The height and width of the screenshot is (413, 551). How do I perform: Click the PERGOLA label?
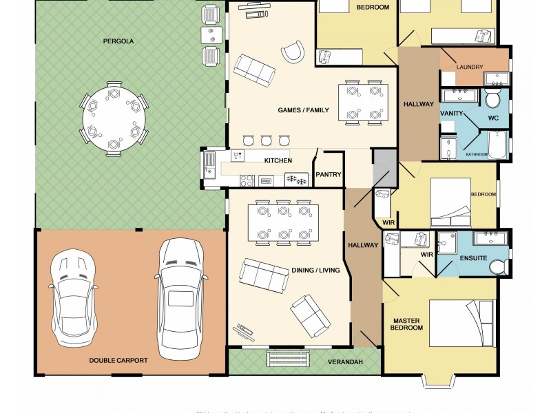click(x=119, y=41)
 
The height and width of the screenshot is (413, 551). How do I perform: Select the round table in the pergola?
click(x=114, y=119)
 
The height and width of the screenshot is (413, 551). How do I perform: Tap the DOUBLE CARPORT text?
click(x=118, y=360)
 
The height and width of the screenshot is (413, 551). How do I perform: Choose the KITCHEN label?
click(x=278, y=160)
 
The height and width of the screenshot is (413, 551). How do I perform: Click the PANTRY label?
click(x=329, y=175)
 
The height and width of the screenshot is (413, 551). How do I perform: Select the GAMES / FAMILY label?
click(x=303, y=110)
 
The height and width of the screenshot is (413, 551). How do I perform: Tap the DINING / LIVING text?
click(x=315, y=271)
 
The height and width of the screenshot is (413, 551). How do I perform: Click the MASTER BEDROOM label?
click(x=407, y=324)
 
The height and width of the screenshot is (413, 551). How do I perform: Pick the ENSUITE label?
click(x=474, y=258)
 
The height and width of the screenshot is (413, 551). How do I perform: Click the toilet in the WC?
click(x=492, y=99)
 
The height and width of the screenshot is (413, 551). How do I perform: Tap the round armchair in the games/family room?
click(x=292, y=52)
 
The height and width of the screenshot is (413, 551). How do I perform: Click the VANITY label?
click(x=452, y=113)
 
